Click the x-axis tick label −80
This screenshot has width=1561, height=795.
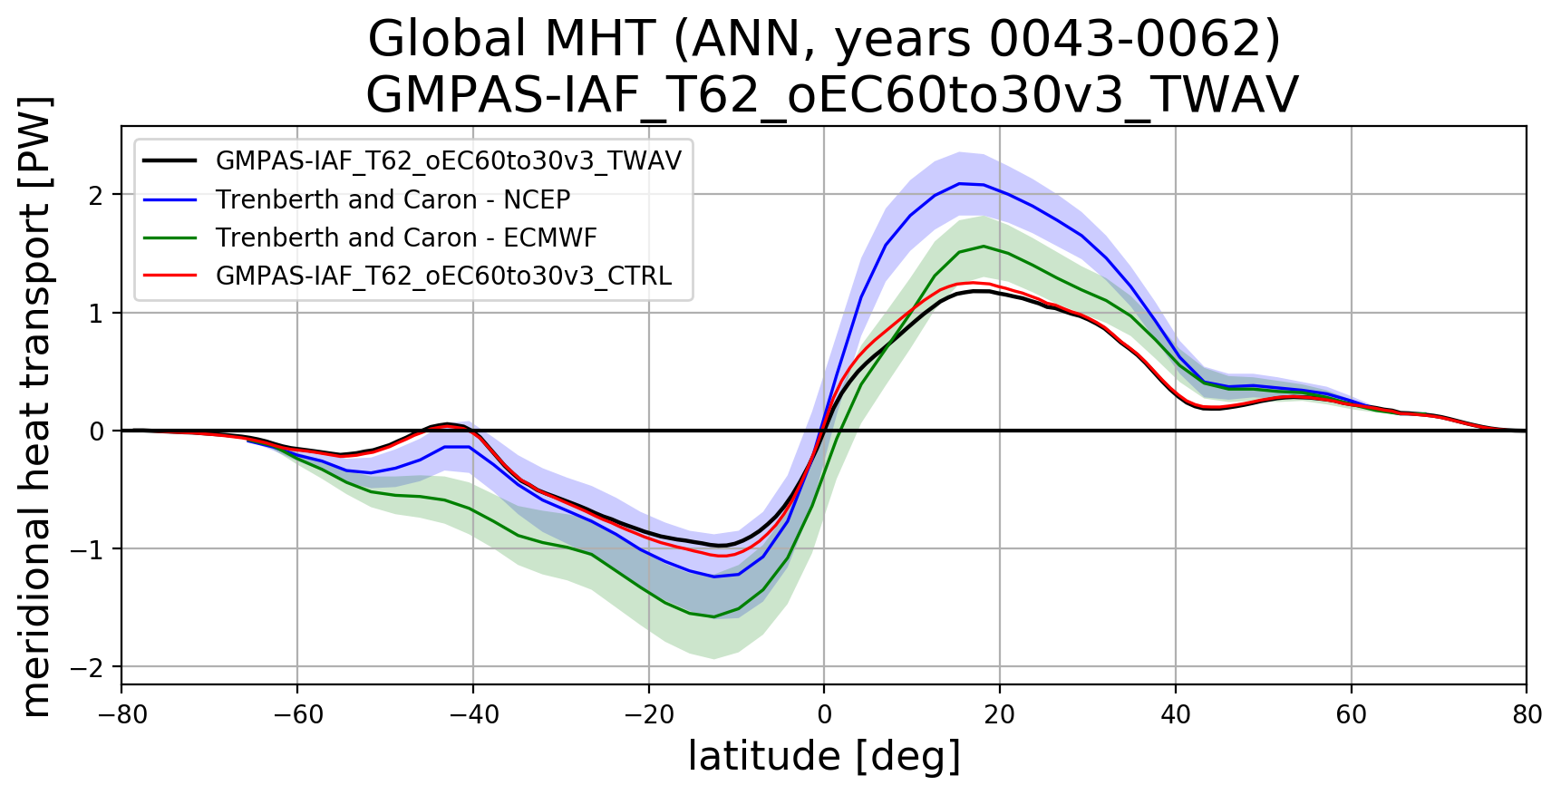[121, 715]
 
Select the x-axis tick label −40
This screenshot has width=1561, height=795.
[473, 715]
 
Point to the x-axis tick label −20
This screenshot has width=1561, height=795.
[649, 715]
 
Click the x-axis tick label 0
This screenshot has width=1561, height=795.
[824, 715]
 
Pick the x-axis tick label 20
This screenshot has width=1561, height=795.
[1000, 715]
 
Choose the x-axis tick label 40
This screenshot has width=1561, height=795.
[1176, 715]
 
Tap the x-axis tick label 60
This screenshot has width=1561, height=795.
[1352, 715]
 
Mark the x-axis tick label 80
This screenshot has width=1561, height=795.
[1527, 715]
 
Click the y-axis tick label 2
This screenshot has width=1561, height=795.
[95, 195]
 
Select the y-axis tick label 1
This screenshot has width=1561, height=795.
[95, 313]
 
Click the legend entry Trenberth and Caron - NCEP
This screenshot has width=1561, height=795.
[393, 199]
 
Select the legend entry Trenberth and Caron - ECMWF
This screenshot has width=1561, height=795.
[406, 238]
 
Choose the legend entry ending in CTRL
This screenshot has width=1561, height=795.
[443, 276]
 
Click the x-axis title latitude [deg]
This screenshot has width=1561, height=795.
[824, 757]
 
